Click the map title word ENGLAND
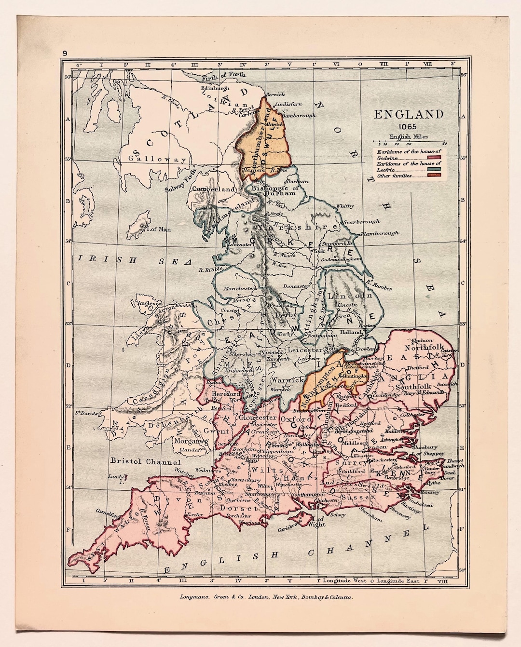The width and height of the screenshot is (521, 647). click(x=409, y=115)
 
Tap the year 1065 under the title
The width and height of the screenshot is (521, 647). click(x=408, y=127)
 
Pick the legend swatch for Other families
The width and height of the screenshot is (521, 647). click(x=435, y=176)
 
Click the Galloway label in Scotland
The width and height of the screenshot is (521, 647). click(x=157, y=159)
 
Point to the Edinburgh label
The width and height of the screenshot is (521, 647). click(x=215, y=89)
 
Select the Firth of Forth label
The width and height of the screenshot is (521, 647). click(x=223, y=75)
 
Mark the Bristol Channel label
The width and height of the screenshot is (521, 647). click(x=139, y=461)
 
